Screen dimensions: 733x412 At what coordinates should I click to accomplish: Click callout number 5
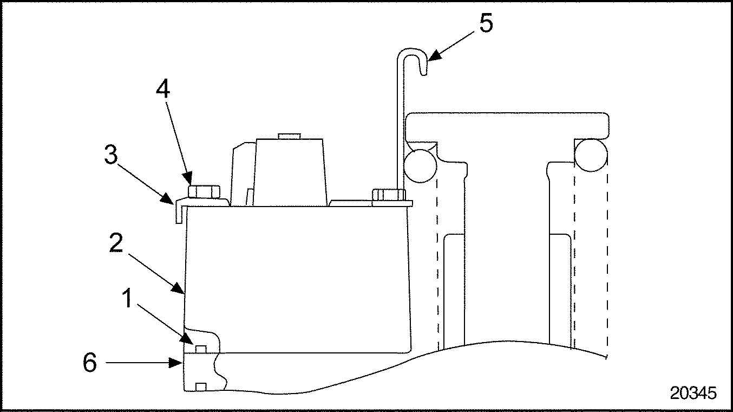[x=486, y=23]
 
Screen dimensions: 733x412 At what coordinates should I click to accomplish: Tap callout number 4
[x=162, y=88]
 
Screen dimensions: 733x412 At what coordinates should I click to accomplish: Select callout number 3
[x=111, y=154]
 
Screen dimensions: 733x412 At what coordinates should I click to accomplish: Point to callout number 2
[x=116, y=243]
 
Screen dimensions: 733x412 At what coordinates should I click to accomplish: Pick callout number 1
[x=127, y=298]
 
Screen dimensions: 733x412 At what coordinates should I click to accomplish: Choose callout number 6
[x=90, y=363]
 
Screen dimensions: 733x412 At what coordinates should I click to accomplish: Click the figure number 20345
[x=693, y=393]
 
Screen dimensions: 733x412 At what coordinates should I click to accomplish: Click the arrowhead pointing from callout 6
[x=175, y=363]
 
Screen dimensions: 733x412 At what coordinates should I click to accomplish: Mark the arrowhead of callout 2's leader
[x=178, y=288]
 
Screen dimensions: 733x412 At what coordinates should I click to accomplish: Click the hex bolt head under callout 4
[x=204, y=192]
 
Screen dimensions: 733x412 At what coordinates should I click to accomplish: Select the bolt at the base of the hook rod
[x=388, y=195]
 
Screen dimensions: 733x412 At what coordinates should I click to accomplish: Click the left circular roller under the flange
[x=421, y=166]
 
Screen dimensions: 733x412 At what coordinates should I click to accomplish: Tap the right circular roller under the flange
[x=591, y=155]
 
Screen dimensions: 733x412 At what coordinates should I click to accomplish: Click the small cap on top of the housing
[x=289, y=136]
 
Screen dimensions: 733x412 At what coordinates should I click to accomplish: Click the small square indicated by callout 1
[x=201, y=349]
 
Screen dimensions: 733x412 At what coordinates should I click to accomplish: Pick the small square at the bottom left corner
[x=201, y=387]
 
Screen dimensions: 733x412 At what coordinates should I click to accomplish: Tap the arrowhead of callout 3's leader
[x=167, y=199]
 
